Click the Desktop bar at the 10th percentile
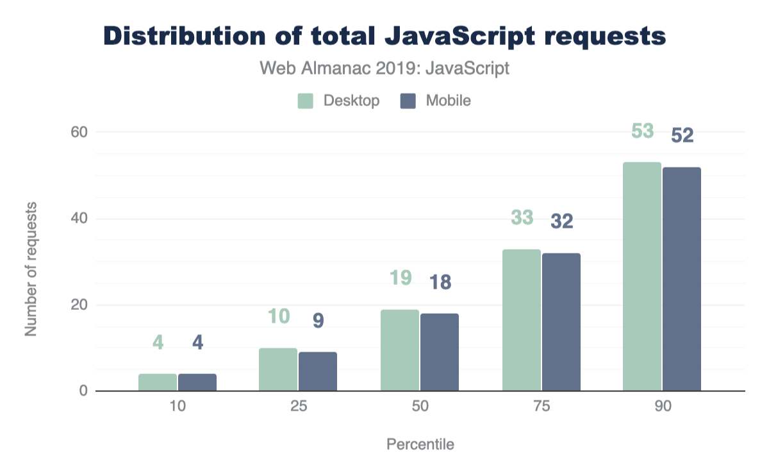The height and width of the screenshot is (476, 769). click(158, 382)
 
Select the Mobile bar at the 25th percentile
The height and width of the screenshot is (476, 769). click(318, 371)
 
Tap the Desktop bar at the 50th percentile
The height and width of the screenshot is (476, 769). click(400, 350)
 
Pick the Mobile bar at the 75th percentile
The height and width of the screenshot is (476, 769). click(561, 322)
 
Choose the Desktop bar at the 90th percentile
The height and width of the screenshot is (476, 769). click(642, 276)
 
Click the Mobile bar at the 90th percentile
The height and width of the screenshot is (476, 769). click(682, 279)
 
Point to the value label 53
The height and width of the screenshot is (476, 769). click(642, 131)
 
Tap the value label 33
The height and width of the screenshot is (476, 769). click(522, 218)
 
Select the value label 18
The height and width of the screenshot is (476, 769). click(439, 283)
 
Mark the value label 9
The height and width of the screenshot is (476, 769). click(318, 321)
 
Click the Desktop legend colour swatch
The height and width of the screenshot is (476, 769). click(305, 101)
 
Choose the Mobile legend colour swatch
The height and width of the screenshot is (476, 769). click(408, 101)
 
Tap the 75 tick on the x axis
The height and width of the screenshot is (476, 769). click(542, 409)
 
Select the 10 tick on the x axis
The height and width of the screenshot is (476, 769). click(178, 409)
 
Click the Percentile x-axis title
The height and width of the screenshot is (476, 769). click(420, 445)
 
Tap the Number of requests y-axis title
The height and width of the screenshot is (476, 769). click(30, 269)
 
